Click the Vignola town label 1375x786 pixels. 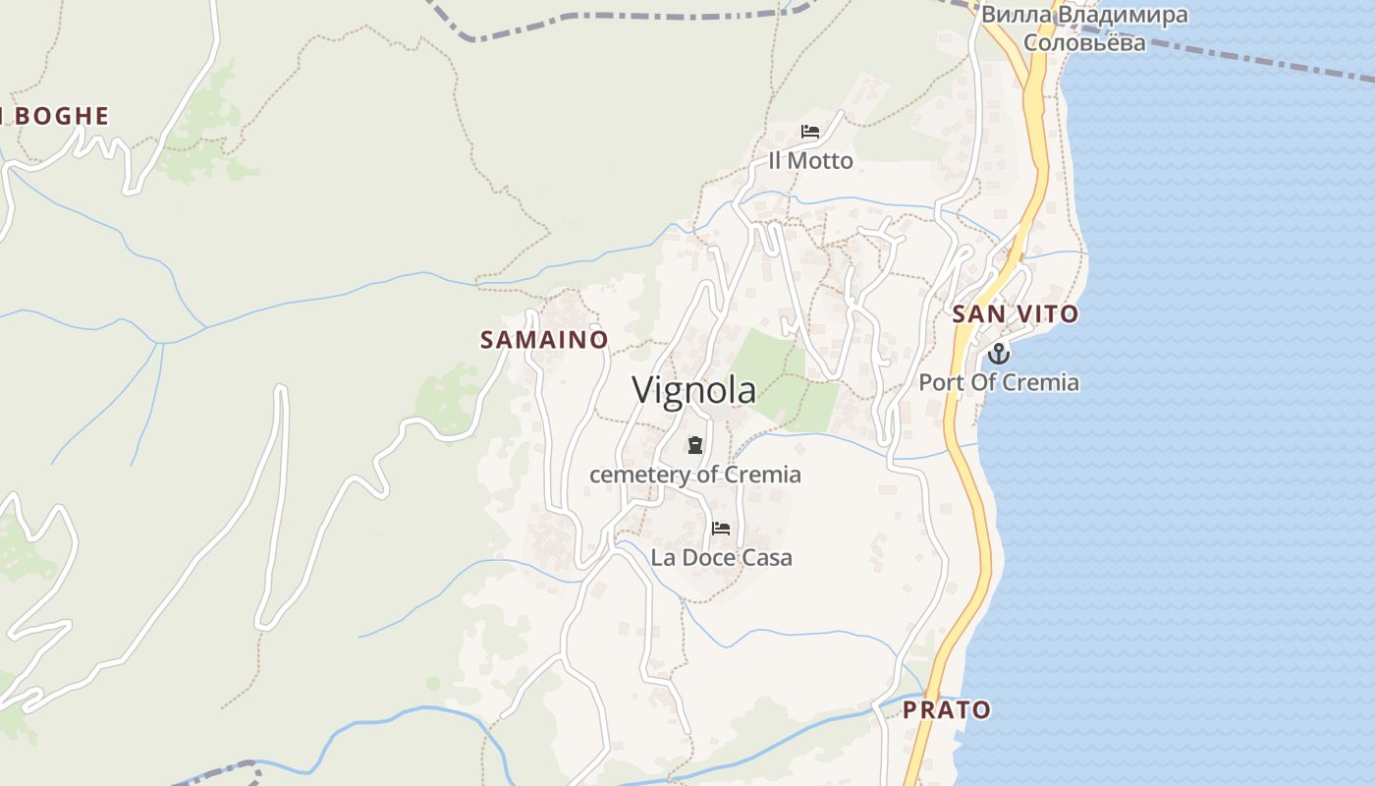[693, 390]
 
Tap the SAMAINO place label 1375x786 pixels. [544, 340]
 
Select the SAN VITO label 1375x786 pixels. [1015, 314]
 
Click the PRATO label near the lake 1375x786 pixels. [947, 709]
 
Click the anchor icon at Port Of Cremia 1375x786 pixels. [999, 354]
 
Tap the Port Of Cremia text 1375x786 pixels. [999, 382]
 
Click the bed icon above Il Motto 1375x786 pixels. [810, 132]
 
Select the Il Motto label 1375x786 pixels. [810, 160]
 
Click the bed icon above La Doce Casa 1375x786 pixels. [721, 529]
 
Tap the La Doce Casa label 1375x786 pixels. [721, 558]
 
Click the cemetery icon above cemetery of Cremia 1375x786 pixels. [695, 445]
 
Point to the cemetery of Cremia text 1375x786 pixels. [695, 475]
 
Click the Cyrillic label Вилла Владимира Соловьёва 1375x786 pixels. [1084, 28]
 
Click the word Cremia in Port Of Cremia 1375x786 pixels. [1045, 382]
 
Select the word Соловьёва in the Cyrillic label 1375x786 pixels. [1084, 42]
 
